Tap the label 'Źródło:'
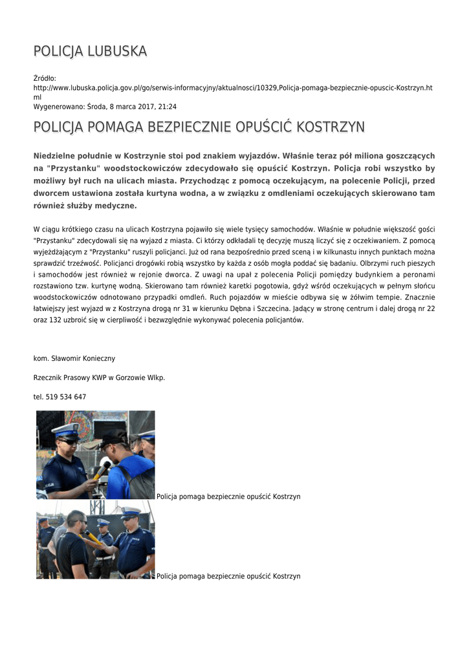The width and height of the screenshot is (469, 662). tap(45, 78)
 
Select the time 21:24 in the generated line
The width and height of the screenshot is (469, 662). tap(168, 106)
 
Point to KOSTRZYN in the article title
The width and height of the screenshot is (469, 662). tap(332, 127)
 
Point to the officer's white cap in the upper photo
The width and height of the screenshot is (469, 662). tap(67, 429)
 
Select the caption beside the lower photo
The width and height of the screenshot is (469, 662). tap(228, 576)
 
